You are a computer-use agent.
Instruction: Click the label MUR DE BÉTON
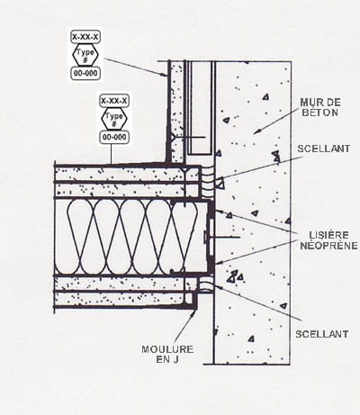(x=320, y=107)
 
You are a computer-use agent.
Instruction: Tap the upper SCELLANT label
(x=323, y=149)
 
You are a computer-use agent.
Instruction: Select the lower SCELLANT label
(x=322, y=334)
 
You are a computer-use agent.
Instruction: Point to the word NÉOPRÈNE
(x=328, y=246)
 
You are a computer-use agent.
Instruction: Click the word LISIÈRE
(x=329, y=235)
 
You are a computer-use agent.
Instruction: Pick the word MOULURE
(x=167, y=349)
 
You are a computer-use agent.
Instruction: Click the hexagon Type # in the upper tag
(x=85, y=55)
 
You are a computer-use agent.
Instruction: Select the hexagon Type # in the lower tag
(x=114, y=119)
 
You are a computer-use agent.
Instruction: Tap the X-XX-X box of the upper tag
(x=85, y=37)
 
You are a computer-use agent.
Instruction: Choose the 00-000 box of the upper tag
(x=85, y=74)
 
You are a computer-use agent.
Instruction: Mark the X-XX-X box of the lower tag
(x=114, y=101)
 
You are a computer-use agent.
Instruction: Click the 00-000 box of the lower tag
(x=114, y=138)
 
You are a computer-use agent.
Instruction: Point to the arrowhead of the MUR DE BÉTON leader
(x=256, y=132)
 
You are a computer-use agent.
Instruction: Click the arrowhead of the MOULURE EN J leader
(x=194, y=312)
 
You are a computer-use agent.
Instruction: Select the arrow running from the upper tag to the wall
(x=137, y=68)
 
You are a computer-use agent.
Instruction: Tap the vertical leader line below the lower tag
(x=112, y=154)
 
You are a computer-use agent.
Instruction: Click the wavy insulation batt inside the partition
(x=132, y=237)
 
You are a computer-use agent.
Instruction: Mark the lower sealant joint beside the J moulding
(x=206, y=285)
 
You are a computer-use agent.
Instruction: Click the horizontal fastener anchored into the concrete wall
(x=222, y=237)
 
